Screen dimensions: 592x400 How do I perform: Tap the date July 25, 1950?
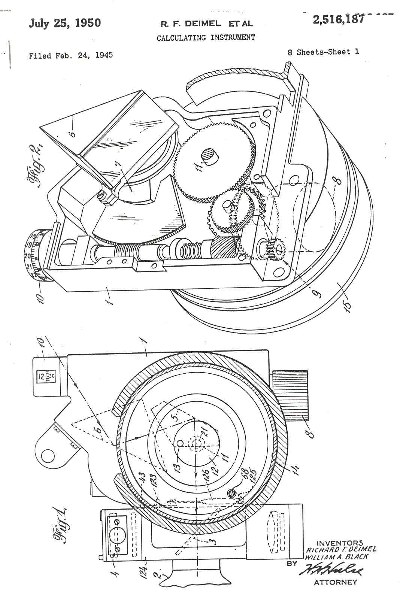[x=65, y=23]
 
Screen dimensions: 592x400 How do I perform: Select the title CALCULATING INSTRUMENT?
[x=206, y=37]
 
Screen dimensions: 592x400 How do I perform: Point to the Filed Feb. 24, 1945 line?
[x=71, y=55]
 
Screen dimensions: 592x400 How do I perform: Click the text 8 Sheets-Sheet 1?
[x=323, y=52]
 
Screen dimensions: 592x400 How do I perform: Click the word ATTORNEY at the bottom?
[x=335, y=582]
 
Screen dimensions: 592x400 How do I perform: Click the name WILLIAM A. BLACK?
[x=336, y=557]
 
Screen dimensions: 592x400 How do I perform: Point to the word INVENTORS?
[x=340, y=543]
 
